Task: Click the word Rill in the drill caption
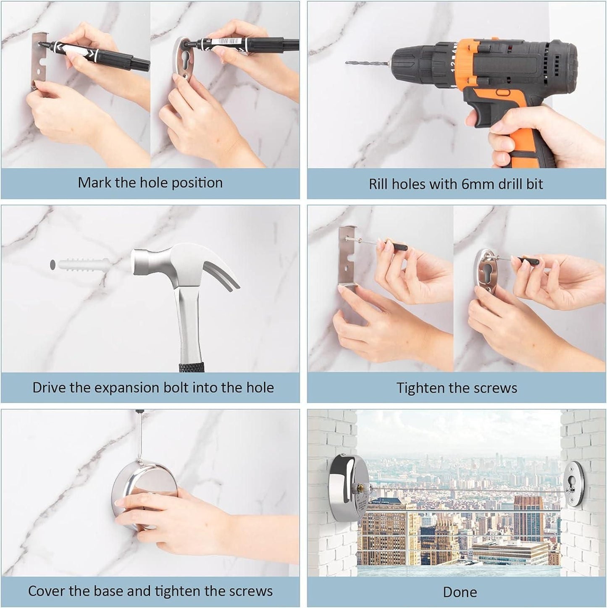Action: coord(378,184)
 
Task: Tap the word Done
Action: coord(460,592)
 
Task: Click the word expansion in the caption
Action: coord(124,388)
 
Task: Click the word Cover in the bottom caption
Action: coord(46,591)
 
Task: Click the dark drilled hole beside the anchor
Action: coord(53,265)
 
